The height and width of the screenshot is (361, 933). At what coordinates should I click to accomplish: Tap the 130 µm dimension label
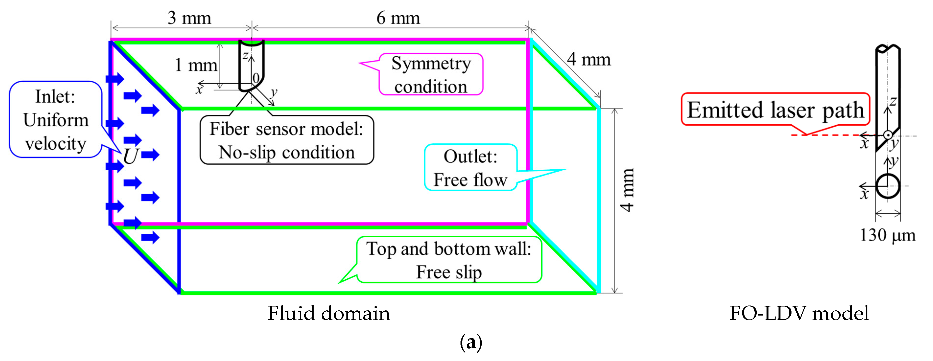(887, 235)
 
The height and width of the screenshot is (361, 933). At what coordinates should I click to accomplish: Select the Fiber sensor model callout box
(286, 140)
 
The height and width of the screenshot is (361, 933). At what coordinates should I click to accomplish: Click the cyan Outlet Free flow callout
(470, 167)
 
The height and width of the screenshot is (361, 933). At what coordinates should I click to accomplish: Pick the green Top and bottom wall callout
(449, 260)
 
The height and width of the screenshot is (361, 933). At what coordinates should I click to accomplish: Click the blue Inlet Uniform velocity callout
(55, 119)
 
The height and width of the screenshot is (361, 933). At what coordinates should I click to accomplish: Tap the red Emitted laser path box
(775, 109)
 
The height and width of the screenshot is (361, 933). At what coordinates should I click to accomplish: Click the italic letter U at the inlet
(130, 156)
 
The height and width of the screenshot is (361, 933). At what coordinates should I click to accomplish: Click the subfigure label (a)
(471, 342)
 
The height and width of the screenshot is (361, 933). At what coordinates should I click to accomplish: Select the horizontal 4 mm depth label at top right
(589, 59)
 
